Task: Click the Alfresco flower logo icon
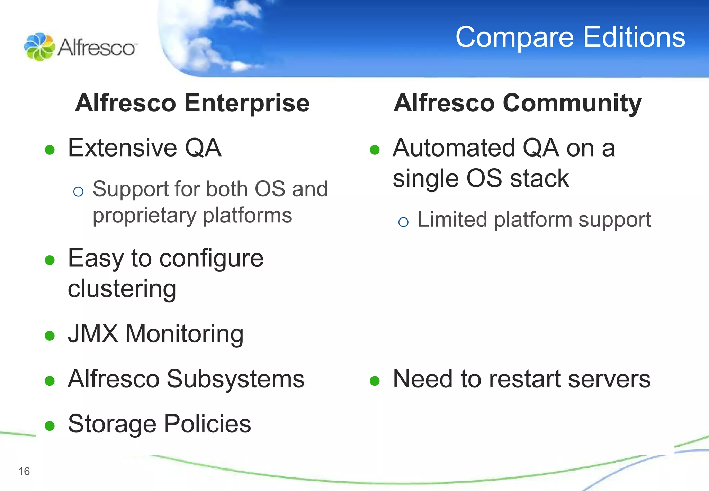tap(39, 47)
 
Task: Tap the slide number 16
tap(24, 471)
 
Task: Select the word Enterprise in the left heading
tap(247, 104)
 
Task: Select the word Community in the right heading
tap(572, 104)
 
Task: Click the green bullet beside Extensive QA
tap(50, 150)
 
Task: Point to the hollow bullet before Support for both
tap(79, 191)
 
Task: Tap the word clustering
tap(122, 289)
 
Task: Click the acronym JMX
tap(93, 334)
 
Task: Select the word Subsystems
tap(235, 379)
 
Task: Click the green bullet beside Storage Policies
tap(50, 426)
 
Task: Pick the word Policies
tap(207, 424)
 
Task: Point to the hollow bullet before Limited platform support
tap(403, 222)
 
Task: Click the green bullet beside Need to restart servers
tap(375, 381)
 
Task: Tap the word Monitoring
tap(185, 334)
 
